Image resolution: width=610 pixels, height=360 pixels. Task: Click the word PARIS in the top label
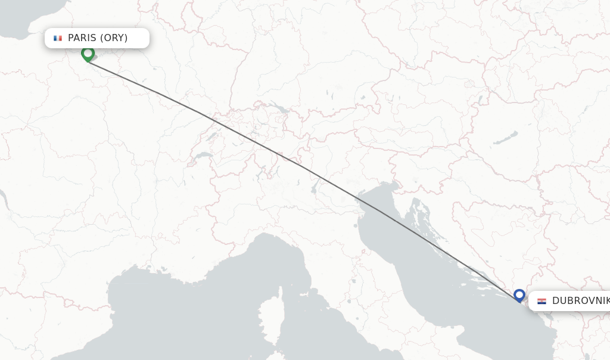point(82,38)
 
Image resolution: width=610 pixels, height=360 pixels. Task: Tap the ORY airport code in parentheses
point(114,38)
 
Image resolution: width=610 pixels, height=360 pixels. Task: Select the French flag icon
point(57,38)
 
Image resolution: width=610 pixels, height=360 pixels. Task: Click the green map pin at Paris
point(88,54)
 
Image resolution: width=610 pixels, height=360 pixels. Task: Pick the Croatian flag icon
point(541,301)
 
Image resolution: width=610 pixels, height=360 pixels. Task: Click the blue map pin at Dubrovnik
point(519,295)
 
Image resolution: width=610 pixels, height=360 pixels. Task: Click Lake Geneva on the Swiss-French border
point(203,157)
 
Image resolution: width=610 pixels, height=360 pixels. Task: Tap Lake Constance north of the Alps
point(277,108)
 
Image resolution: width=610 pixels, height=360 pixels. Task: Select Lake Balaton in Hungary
point(504,139)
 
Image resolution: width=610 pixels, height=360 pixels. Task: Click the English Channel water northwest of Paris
point(24,18)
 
